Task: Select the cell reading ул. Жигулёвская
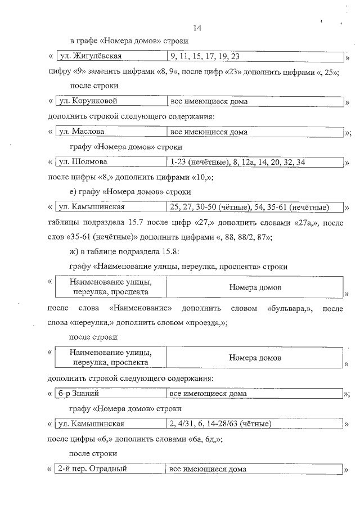click(x=91, y=56)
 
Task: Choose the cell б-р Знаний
click(x=82, y=393)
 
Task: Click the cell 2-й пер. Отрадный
click(x=93, y=469)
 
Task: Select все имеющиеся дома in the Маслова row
click(x=209, y=132)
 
